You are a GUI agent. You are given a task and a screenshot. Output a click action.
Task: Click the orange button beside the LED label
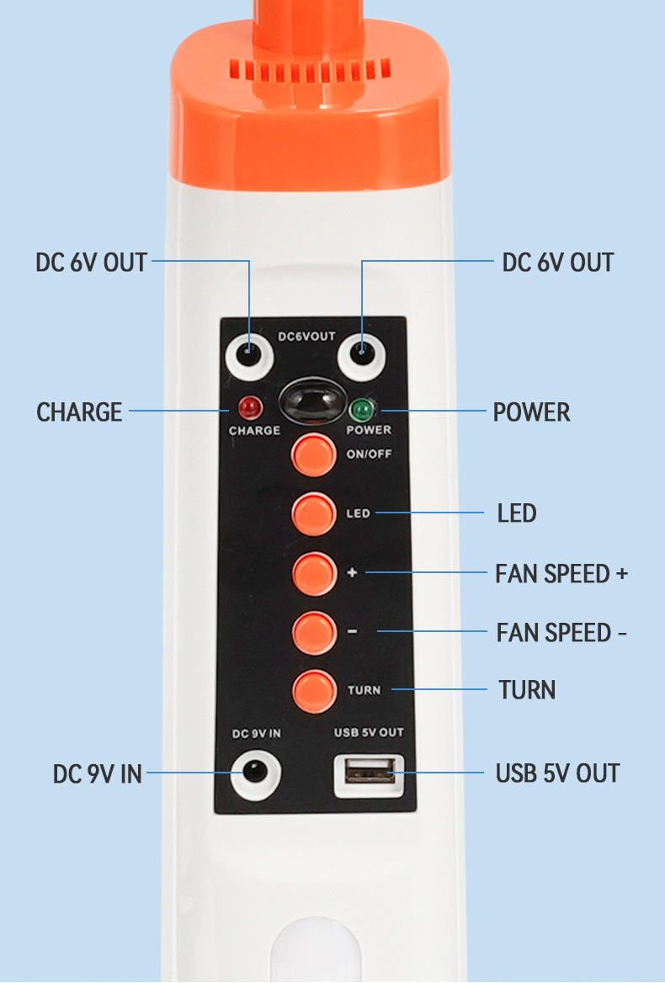coord(314,513)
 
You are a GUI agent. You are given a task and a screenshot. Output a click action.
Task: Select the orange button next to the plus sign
coord(314,572)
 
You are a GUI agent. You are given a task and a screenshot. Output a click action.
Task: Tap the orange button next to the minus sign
coord(314,631)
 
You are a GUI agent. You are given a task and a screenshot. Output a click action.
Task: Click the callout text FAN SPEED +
coord(561,574)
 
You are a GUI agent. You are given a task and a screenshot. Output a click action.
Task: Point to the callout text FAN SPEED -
coord(561,632)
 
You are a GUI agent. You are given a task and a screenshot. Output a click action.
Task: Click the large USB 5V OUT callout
coord(557,773)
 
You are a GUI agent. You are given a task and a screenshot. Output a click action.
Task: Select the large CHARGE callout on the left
coord(79,412)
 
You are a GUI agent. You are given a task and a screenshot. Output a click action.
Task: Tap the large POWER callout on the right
coord(531,412)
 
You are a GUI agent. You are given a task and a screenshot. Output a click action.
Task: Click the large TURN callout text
coord(527,690)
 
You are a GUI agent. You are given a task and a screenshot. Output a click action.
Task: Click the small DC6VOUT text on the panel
coord(306,337)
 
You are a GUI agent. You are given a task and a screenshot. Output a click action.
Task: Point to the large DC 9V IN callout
coord(98,773)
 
